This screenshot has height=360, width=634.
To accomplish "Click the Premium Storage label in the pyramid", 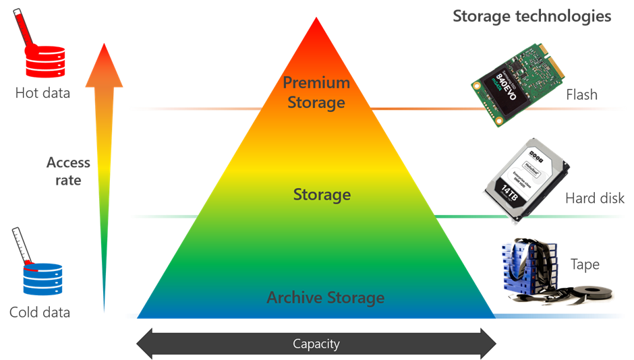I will (x=316, y=93).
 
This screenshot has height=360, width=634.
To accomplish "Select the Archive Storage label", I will (x=325, y=297).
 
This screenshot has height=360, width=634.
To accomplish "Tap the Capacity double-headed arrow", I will (x=316, y=343).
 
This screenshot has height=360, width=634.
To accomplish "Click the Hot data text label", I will (x=42, y=93).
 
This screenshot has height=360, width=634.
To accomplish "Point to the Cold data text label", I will (x=40, y=312).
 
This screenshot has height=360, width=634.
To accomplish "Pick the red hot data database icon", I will (x=43, y=60).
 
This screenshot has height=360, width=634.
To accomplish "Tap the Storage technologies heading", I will (x=531, y=16).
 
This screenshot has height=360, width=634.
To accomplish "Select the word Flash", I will (x=581, y=94).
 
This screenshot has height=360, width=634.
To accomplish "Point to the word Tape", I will (x=584, y=264).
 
